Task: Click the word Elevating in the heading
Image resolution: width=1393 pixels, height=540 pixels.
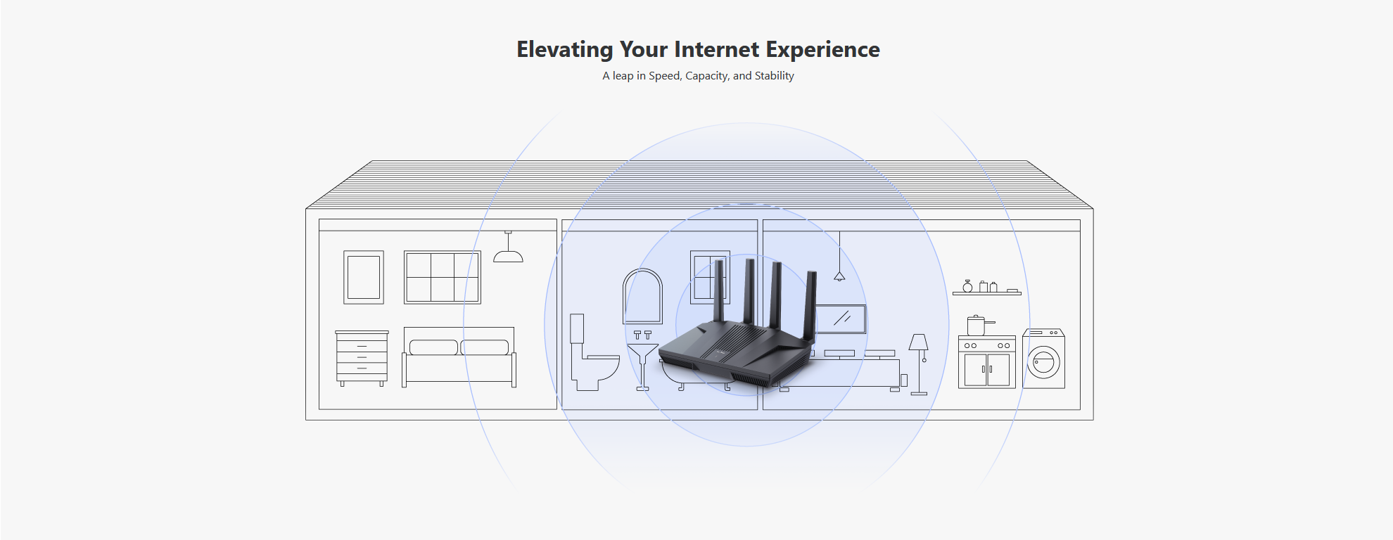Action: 565,50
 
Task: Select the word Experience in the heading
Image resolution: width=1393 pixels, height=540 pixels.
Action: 822,50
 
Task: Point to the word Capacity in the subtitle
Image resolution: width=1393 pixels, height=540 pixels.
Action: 707,76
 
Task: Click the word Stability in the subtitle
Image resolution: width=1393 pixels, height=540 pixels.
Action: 774,76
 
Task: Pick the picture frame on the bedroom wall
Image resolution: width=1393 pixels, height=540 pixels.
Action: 364,277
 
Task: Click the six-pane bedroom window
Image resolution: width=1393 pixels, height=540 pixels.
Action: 443,277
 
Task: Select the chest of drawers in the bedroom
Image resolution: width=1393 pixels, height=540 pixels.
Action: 362,358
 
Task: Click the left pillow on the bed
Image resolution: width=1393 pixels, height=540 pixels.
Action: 433,347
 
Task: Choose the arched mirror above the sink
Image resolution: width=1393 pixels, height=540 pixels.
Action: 643,296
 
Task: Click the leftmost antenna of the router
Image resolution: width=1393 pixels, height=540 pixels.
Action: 719,290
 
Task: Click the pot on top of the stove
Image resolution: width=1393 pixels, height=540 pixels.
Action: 978,326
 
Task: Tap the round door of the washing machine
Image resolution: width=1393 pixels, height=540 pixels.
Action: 1043,363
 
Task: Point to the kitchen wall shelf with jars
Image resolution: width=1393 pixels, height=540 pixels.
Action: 986,288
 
